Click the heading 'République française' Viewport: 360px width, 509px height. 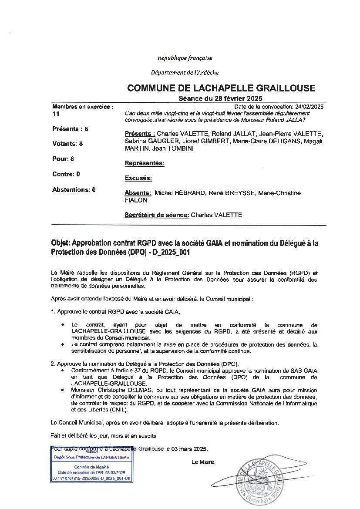click(185, 58)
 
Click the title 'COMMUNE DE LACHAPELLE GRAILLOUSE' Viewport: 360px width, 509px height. click(221, 88)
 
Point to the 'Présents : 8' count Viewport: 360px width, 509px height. click(70, 129)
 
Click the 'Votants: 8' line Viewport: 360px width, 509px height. click(67, 144)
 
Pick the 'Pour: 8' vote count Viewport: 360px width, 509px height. click(63, 159)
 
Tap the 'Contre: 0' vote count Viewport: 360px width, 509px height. click(66, 174)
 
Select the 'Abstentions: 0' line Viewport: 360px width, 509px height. click(74, 190)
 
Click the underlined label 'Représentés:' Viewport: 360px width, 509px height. click(145, 163)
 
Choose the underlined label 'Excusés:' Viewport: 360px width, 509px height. click(138, 178)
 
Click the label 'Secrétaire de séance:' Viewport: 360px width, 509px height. click(157, 215)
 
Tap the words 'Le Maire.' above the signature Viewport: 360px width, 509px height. click(203, 462)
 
